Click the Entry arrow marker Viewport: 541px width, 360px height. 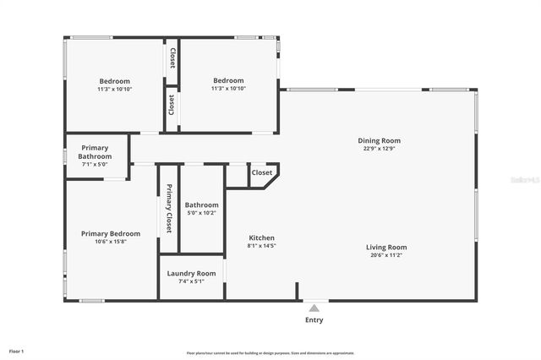(x=314, y=308)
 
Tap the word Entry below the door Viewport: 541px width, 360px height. (x=314, y=320)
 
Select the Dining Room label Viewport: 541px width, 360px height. (x=379, y=140)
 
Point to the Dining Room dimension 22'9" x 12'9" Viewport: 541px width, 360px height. (x=379, y=149)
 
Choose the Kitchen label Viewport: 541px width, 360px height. (x=261, y=237)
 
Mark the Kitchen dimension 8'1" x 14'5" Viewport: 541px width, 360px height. (x=261, y=246)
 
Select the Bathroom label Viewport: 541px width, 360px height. (x=202, y=205)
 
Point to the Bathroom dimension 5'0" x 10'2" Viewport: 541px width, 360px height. (x=202, y=213)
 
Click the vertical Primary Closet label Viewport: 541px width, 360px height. (x=168, y=209)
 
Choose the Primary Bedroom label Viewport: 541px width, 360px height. (x=111, y=233)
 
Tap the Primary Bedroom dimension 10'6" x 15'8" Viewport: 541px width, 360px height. (x=111, y=242)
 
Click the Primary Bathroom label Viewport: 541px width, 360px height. (x=95, y=152)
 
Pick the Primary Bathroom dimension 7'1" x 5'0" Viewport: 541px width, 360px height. (x=95, y=165)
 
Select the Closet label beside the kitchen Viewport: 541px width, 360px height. (x=262, y=172)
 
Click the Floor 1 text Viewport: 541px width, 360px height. (x=16, y=350)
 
